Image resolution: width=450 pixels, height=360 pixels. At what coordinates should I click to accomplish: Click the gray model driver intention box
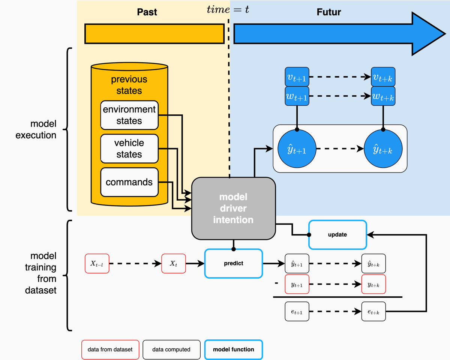pyautogui.click(x=233, y=208)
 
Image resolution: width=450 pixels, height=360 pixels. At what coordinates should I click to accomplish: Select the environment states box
pyautogui.click(x=129, y=115)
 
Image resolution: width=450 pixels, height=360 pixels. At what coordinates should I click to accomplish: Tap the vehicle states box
pyautogui.click(x=129, y=148)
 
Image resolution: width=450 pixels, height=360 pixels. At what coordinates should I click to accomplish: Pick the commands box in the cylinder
pyautogui.click(x=129, y=182)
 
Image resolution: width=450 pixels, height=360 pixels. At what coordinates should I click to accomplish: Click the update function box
pyautogui.click(x=337, y=235)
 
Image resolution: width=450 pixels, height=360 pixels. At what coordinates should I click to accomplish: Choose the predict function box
pyautogui.click(x=233, y=264)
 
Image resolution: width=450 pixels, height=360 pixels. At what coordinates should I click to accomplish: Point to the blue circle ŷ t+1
pyautogui.click(x=297, y=149)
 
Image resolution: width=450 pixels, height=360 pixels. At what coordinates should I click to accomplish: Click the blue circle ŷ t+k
pyautogui.click(x=383, y=149)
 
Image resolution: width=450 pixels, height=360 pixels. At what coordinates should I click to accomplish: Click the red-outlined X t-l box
pyautogui.click(x=97, y=264)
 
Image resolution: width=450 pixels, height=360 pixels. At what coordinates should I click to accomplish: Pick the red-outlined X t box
pyautogui.click(x=173, y=264)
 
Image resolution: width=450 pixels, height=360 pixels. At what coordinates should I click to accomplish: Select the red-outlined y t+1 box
pyautogui.click(x=297, y=284)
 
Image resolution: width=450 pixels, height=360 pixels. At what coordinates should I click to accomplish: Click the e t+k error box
pyautogui.click(x=373, y=311)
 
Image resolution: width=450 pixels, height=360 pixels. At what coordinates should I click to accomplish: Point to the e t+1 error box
pyautogui.click(x=297, y=311)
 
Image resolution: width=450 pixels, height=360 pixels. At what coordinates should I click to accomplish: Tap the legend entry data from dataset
pyautogui.click(x=110, y=349)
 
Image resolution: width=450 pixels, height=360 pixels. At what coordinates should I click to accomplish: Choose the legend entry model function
pyautogui.click(x=233, y=349)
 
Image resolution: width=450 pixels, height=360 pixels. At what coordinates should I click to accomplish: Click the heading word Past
pyautogui.click(x=147, y=12)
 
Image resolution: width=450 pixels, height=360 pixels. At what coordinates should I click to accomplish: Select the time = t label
pyautogui.click(x=228, y=9)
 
